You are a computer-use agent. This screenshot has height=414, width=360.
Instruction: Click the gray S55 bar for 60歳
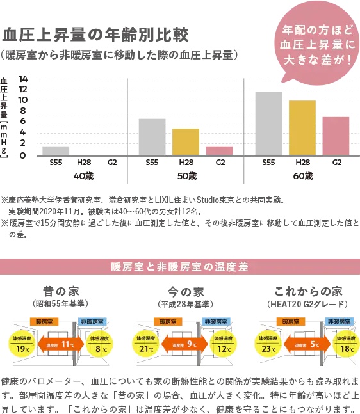pyautogui.click(x=268, y=123)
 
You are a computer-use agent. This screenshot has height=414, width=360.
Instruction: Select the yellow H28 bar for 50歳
pyautogui.click(x=186, y=142)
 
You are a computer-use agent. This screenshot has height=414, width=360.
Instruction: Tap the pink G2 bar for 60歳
pyautogui.click(x=336, y=136)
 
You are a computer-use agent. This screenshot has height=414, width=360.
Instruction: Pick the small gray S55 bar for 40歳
pyautogui.click(x=56, y=151)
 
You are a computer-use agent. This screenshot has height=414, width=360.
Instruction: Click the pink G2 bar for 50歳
pyautogui.click(x=219, y=151)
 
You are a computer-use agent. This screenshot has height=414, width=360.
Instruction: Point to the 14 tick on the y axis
pyautogui.click(x=23, y=79)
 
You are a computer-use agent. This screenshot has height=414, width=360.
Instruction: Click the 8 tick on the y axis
pyautogui.click(x=22, y=111)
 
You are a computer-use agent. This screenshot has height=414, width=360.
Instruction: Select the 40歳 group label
pyautogui.click(x=83, y=176)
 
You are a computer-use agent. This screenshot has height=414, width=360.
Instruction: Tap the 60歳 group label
pyautogui.click(x=303, y=176)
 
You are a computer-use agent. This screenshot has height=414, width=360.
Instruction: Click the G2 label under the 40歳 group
pyautogui.click(x=112, y=162)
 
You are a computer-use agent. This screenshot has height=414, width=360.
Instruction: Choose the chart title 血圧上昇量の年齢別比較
pyautogui.click(x=95, y=35)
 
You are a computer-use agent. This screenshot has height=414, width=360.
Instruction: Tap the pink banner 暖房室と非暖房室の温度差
pyautogui.click(x=180, y=266)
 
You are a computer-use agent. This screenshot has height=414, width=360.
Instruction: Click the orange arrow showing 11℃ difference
pyautogui.click(x=61, y=344)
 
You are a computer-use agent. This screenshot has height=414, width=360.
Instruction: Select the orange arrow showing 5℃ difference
pyautogui.click(x=307, y=344)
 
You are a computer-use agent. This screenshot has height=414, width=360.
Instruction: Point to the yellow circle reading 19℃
pyautogui.click(x=22, y=344)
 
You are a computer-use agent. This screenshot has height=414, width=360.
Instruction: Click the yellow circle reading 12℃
pyautogui.click(x=224, y=344)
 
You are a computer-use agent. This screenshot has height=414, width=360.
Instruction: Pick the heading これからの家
pyautogui.click(x=308, y=291)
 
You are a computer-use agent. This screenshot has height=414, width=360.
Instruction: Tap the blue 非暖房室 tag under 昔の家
pyautogui.click(x=92, y=322)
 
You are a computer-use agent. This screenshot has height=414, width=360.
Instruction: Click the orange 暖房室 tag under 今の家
pyautogui.click(x=168, y=322)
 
